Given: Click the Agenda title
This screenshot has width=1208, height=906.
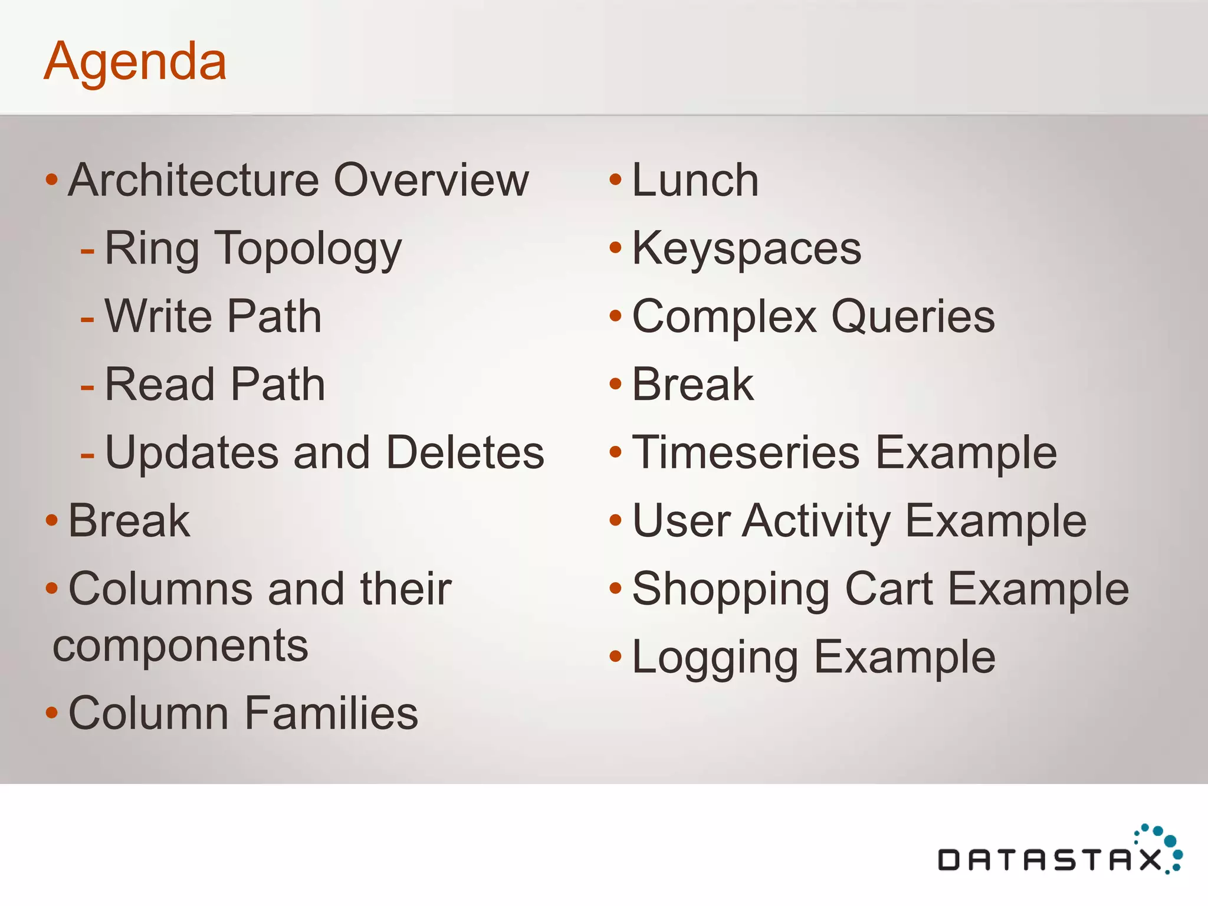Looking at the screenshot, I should pyautogui.click(x=135, y=61).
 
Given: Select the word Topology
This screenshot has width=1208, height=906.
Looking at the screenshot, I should pyautogui.click(x=307, y=250).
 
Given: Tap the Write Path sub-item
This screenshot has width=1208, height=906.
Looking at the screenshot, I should pyautogui.click(x=213, y=317).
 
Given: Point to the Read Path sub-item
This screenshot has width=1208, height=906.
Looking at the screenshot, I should pyautogui.click(x=215, y=385).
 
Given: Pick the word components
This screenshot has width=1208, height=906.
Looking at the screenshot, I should pyautogui.click(x=180, y=646).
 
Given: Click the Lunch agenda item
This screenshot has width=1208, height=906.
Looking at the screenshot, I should pyautogui.click(x=695, y=180).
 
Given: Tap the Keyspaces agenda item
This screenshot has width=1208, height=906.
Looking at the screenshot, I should pyautogui.click(x=746, y=249).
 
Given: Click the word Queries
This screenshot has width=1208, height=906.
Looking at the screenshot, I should pyautogui.click(x=912, y=317).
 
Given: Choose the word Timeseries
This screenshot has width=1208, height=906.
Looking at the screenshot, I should pyautogui.click(x=746, y=453).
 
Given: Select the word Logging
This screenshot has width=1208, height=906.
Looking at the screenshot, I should pyautogui.click(x=714, y=658).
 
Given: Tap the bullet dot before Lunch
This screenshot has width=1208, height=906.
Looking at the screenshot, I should pyautogui.click(x=615, y=179).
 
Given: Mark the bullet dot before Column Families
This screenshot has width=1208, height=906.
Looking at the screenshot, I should pyautogui.click(x=52, y=713).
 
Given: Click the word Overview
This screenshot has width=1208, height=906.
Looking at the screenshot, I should pyautogui.click(x=431, y=180).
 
